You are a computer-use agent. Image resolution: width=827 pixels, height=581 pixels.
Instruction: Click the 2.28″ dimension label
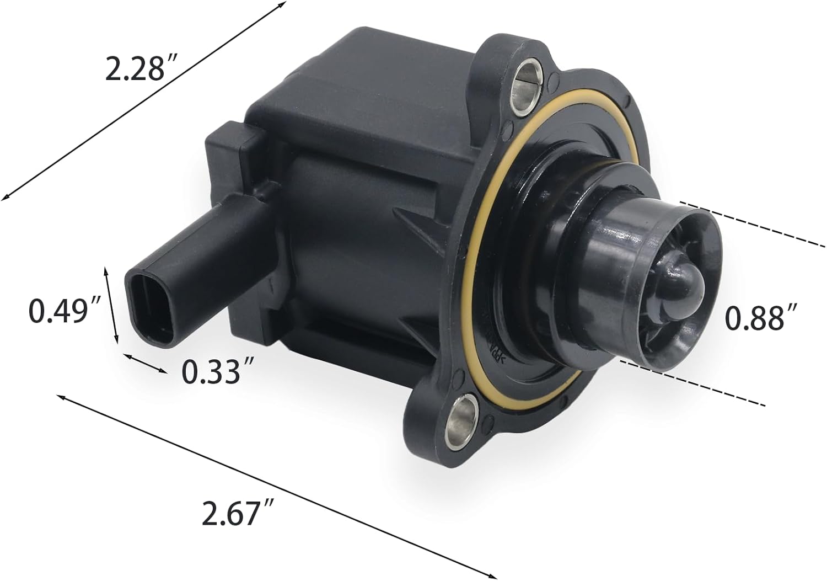(x=135, y=70)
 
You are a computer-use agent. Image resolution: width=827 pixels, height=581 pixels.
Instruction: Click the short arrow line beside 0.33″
(x=144, y=364)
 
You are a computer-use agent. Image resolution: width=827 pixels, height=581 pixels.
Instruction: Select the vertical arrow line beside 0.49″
(x=111, y=305)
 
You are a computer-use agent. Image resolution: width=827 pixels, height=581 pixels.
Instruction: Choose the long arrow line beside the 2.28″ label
(x=143, y=99)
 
